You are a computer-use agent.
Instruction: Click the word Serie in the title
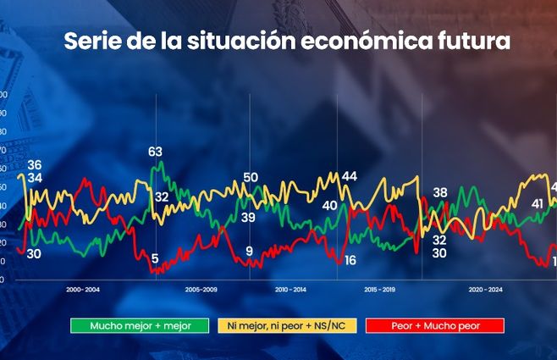[91, 42]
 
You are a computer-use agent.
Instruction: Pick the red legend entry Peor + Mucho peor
[434, 325]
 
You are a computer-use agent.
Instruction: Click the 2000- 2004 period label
[83, 290]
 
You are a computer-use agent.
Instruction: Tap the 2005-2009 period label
[201, 290]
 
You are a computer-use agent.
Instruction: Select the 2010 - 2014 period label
[291, 290]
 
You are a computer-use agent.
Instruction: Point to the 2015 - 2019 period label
[381, 290]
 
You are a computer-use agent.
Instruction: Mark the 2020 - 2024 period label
[485, 290]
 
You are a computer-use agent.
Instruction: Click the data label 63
[155, 152]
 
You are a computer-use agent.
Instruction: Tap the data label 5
[155, 258]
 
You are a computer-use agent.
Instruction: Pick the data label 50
[251, 177]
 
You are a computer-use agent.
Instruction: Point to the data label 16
[350, 260]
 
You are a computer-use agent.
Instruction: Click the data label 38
[439, 193]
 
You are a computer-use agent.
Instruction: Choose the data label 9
[249, 251]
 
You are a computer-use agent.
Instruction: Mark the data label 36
[35, 164]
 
